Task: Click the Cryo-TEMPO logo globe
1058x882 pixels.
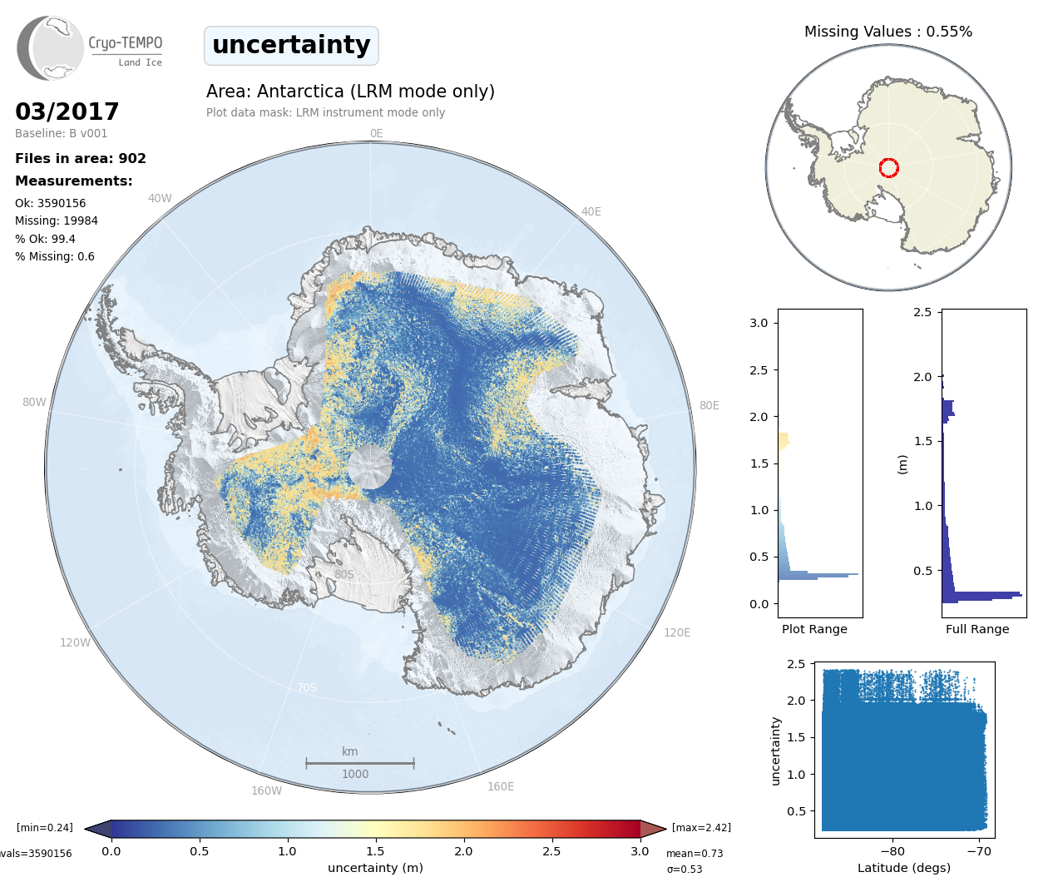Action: [51, 48]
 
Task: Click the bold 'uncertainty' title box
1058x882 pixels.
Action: [291, 45]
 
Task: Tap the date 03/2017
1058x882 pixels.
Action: [67, 111]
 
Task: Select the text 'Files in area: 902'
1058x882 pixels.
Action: [81, 158]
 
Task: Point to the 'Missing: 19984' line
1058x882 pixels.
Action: [57, 220]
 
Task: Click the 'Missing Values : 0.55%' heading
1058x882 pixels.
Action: [887, 32]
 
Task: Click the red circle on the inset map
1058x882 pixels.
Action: [888, 168]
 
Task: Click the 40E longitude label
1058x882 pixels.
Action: [591, 211]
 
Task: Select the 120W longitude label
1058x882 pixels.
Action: [75, 642]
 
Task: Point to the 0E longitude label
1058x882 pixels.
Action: [376, 133]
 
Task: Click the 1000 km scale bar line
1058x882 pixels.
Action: [360, 762]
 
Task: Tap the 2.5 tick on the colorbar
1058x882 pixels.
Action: [551, 851]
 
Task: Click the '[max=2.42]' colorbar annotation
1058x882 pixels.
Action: [701, 827]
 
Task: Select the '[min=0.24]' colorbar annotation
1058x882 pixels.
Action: [45, 827]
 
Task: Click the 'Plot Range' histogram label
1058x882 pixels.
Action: [814, 629]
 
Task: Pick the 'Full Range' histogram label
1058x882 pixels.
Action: [977, 629]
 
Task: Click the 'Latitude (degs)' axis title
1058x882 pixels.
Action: [903, 868]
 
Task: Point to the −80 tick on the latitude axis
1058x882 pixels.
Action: [892, 851]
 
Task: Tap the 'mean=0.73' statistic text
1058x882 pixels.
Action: [695, 854]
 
